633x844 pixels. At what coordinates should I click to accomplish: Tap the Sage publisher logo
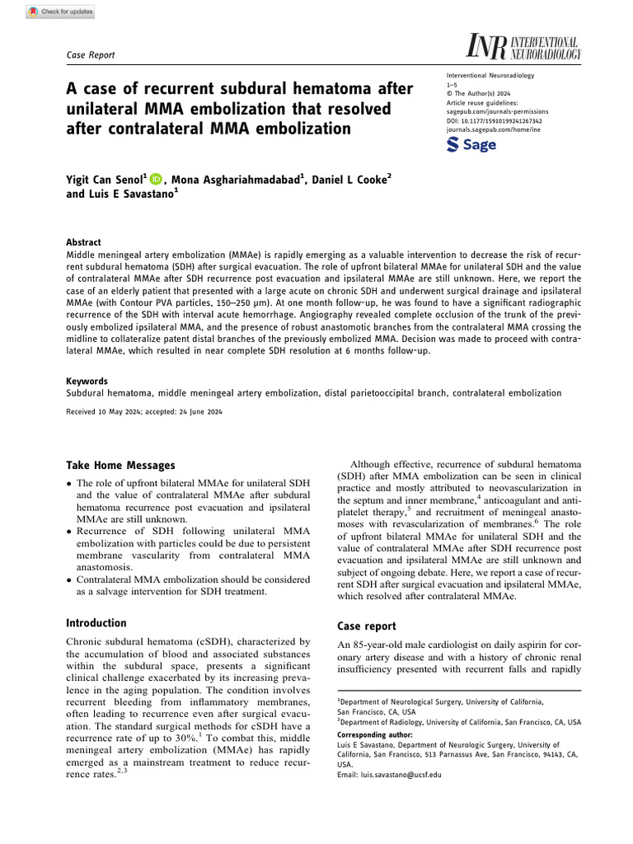click(471, 144)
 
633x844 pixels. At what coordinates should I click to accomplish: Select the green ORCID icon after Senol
click(157, 177)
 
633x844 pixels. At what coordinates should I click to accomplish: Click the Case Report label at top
click(90, 54)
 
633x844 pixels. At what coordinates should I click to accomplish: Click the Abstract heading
click(83, 242)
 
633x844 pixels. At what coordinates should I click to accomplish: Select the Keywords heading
click(87, 382)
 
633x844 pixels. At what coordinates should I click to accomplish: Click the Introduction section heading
click(96, 623)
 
